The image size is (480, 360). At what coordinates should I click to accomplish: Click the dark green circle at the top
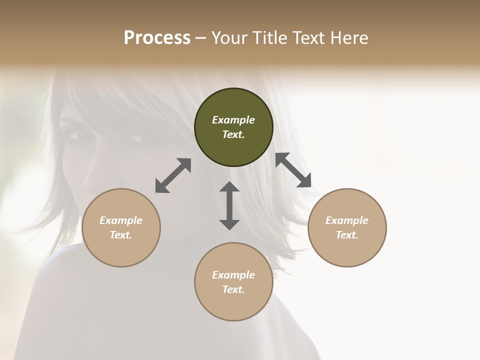(233, 127)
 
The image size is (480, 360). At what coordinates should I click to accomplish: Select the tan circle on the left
(121, 227)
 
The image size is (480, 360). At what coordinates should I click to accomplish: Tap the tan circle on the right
(347, 227)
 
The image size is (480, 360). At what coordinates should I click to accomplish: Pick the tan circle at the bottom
(233, 282)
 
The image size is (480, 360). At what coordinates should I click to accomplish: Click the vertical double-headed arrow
(229, 205)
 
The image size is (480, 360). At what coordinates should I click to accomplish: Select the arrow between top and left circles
(173, 175)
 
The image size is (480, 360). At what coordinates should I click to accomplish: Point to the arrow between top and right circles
(293, 170)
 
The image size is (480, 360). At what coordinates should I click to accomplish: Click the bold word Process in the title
(157, 37)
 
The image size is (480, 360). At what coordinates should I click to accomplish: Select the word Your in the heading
(229, 37)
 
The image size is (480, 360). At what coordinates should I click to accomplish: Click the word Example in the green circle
(233, 120)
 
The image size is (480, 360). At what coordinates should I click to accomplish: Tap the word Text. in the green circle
(233, 134)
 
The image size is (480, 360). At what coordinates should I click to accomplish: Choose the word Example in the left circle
(121, 220)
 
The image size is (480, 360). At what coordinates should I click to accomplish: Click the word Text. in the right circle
(347, 235)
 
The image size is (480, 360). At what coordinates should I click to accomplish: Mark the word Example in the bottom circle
(233, 275)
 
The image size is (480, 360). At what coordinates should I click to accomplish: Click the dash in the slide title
(200, 38)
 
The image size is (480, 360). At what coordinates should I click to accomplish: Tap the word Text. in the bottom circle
(233, 289)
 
